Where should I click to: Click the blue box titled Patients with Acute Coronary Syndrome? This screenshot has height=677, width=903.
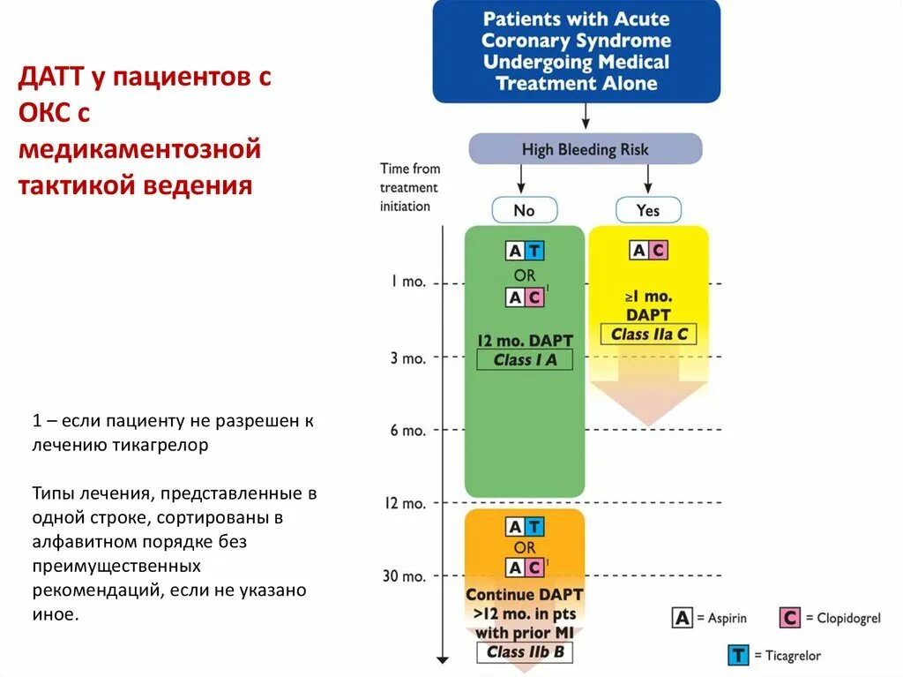tap(576, 51)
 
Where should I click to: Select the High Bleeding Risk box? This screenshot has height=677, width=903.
tap(585, 149)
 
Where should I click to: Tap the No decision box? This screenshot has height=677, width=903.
tap(524, 210)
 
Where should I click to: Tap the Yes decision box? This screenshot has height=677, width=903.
tap(647, 210)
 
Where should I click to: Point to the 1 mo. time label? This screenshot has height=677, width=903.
tap(408, 282)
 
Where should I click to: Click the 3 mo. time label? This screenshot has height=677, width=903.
tap(408, 357)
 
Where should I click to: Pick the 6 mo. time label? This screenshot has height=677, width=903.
tap(408, 431)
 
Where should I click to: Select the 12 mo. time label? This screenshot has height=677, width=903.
tap(405, 503)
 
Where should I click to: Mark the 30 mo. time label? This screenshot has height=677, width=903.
tap(405, 576)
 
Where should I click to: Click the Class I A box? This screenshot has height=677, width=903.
tap(525, 359)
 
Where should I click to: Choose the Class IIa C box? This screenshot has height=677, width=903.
tap(648, 335)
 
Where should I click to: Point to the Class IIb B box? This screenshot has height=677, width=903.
tap(525, 652)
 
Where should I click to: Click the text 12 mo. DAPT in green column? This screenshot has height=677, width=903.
tap(525, 340)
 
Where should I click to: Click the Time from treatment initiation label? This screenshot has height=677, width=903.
tap(409, 187)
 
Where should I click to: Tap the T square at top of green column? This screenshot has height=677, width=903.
tap(534, 251)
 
